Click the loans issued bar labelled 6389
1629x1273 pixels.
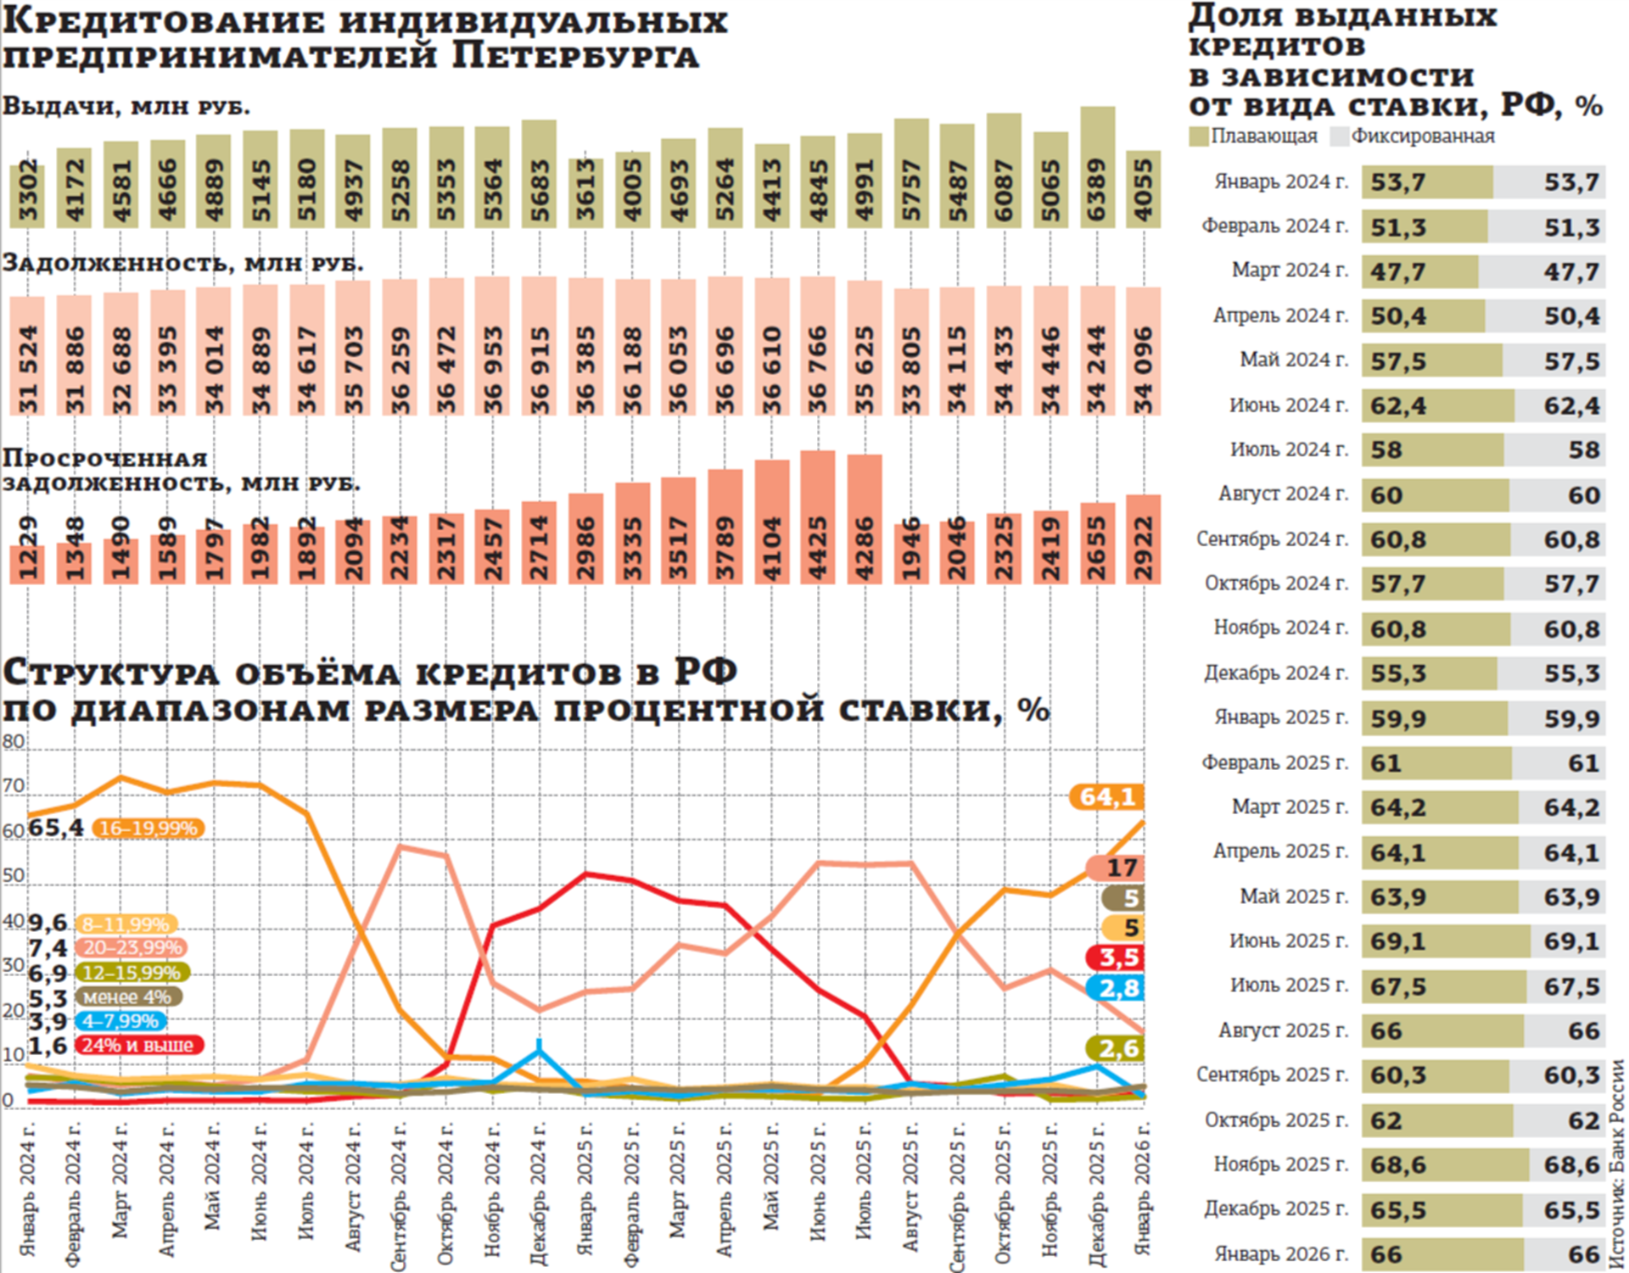[1097, 168]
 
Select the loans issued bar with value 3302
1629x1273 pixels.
[28, 196]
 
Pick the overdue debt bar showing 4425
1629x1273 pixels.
[817, 517]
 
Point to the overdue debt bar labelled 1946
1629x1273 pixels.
[911, 553]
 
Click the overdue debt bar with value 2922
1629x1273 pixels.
[1143, 539]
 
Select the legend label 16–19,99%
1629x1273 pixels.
[148, 829]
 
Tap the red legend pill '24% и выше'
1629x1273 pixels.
[138, 1046]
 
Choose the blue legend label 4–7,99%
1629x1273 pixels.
[120, 1021]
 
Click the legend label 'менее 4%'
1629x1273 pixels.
[127, 997]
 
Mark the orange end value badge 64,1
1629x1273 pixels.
[1107, 797]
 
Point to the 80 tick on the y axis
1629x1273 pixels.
[14, 742]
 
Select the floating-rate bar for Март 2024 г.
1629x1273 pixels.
[1420, 271]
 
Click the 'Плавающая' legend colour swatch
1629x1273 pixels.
[1198, 137]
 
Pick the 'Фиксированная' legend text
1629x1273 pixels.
[1423, 137]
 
